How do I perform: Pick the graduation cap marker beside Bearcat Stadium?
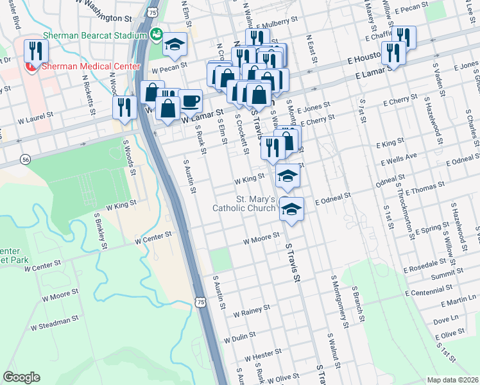coord(175,44)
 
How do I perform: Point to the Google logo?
coord(21,377)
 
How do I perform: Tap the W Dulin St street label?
coord(239,336)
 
